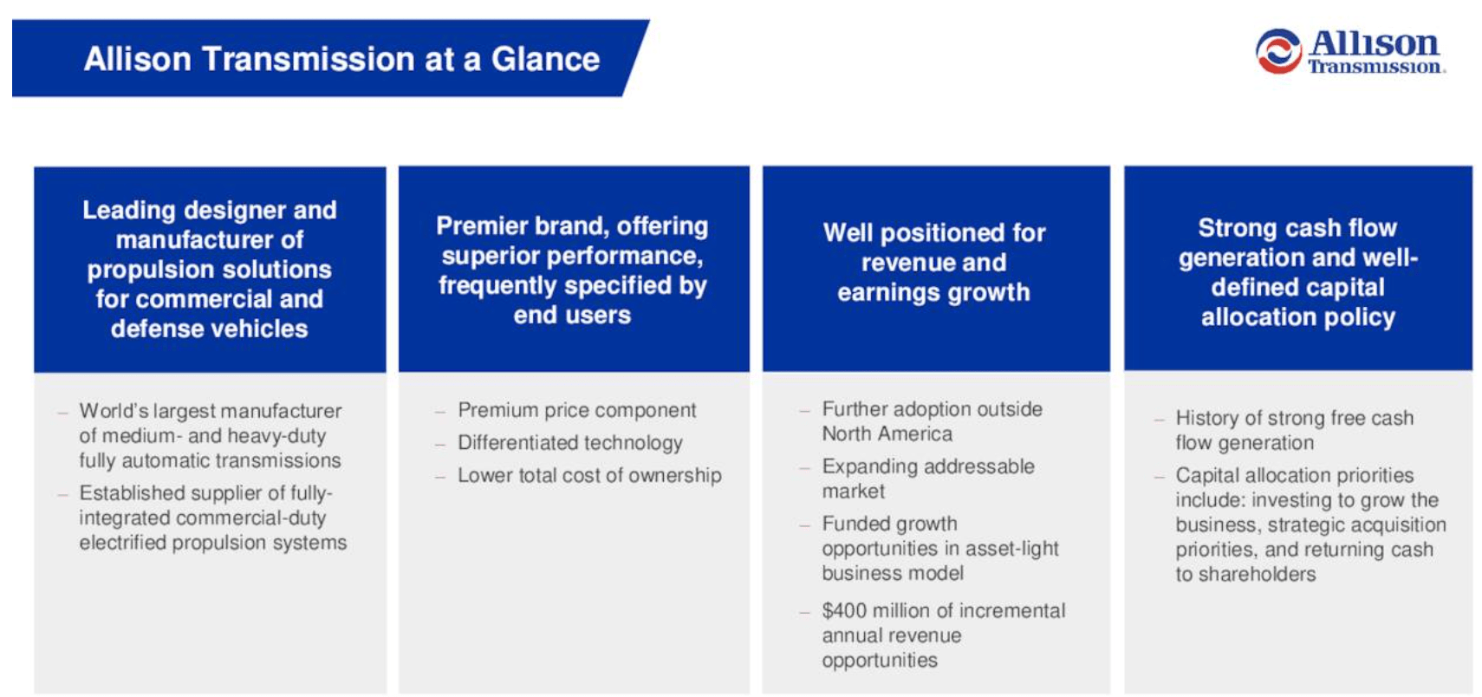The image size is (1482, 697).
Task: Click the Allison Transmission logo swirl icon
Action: pyautogui.click(x=1278, y=51)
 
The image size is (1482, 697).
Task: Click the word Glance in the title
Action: pyautogui.click(x=545, y=59)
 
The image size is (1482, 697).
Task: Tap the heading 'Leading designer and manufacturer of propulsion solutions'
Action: pyautogui.click(x=210, y=270)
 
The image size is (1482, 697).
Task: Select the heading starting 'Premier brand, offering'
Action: pyautogui.click(x=572, y=270)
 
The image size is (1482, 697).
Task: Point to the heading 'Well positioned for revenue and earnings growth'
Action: pyautogui.click(x=934, y=263)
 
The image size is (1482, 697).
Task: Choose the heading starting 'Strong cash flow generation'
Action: pyautogui.click(x=1298, y=272)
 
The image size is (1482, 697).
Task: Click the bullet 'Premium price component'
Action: pyautogui.click(x=577, y=410)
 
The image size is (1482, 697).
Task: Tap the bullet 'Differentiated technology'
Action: pyautogui.click(x=570, y=443)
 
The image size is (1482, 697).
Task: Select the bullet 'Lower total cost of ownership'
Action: pyautogui.click(x=589, y=475)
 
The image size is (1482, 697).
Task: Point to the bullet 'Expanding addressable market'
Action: pyautogui.click(x=928, y=479)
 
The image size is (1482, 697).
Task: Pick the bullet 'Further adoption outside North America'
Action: pyautogui.click(x=933, y=421)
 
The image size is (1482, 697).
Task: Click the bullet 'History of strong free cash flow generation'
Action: pyautogui.click(x=1295, y=430)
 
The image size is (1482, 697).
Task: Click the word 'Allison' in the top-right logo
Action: pyautogui.click(x=1375, y=43)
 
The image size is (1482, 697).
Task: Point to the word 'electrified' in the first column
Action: pyautogui.click(x=123, y=543)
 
